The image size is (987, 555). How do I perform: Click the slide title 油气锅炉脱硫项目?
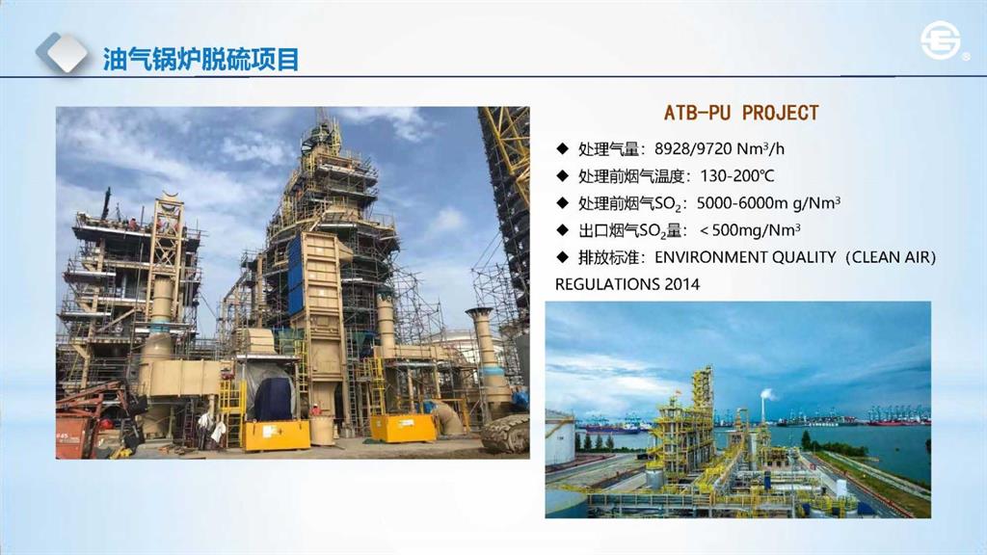coord(200,60)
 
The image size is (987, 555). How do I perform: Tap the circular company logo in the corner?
coord(941,42)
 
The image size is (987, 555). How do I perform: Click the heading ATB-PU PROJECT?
coord(741,113)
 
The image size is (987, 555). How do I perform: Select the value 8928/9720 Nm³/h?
coord(719,148)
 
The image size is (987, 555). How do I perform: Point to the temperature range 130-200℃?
coord(737,175)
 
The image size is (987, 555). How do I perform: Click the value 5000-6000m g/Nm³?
coord(768,202)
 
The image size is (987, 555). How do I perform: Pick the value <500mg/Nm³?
coord(750,229)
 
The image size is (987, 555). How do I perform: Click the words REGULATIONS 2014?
coord(627,284)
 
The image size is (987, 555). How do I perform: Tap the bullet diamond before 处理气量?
coord(562,148)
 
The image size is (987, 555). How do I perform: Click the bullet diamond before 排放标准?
coord(562,256)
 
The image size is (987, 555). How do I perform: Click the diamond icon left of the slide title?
coord(62,53)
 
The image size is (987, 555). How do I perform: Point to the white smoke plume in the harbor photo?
coord(767,394)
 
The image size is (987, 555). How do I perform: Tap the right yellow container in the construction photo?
coord(403,428)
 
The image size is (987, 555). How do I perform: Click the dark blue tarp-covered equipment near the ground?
coord(274,399)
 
